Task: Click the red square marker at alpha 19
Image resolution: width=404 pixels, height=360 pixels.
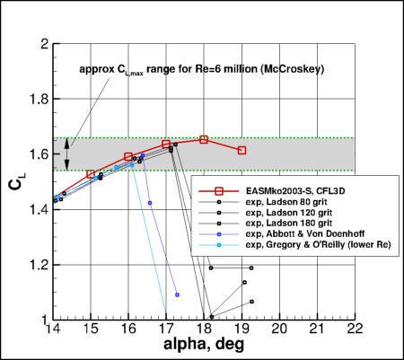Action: [x=242, y=150]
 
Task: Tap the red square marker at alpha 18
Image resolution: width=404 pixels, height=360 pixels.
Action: [x=204, y=139]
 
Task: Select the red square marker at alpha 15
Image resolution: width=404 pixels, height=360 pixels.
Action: [x=91, y=174]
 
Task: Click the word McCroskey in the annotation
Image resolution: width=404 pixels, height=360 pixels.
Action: [x=289, y=68]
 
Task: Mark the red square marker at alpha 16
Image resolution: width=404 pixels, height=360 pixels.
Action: [x=128, y=156]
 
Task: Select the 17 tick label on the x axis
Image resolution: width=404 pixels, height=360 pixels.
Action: [x=166, y=329]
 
